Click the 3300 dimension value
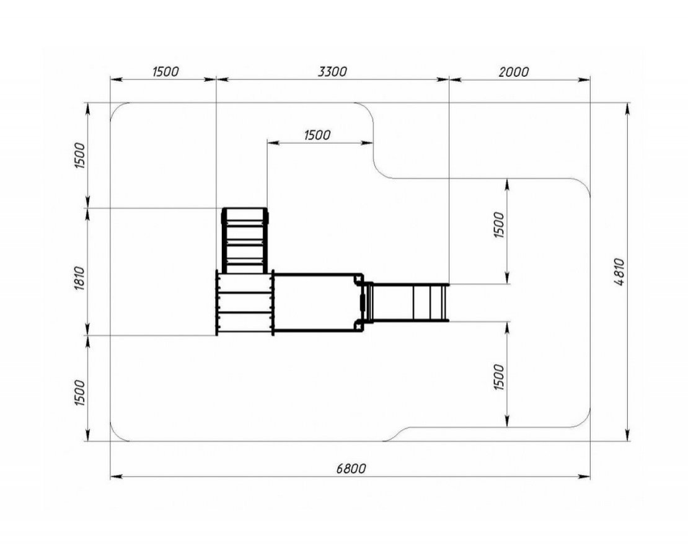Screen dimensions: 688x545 [x=332, y=71]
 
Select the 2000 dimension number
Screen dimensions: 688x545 [x=514, y=71]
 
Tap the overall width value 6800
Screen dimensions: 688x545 [x=351, y=469]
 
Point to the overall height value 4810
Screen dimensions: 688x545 [x=620, y=272]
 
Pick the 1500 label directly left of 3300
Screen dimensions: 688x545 [x=165, y=71]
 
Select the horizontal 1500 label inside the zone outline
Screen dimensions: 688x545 [x=317, y=135]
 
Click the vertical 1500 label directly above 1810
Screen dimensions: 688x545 [x=79, y=156]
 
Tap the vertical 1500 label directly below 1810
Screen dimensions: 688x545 [x=79, y=392]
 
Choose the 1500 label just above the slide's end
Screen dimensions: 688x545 [x=499, y=224]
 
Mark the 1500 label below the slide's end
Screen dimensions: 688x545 [x=499, y=376]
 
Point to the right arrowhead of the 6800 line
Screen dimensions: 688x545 [x=584, y=476]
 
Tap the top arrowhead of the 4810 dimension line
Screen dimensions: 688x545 [x=628, y=109]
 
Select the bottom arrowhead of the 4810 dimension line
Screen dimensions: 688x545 [x=628, y=435]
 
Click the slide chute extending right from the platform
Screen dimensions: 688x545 [x=407, y=303]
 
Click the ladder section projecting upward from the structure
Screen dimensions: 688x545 [x=245, y=241]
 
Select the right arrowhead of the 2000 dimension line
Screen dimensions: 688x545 [x=584, y=80]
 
